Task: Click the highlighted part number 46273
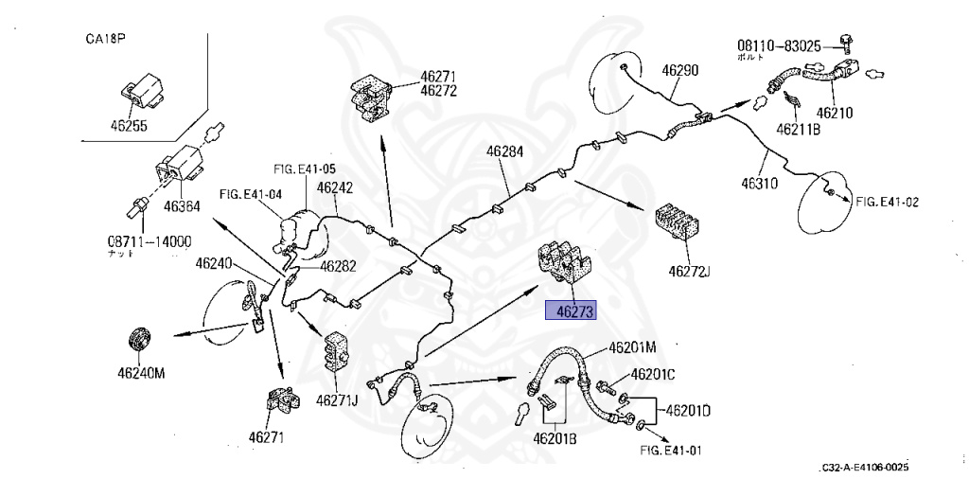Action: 571,310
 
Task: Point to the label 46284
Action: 505,151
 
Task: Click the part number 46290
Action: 679,70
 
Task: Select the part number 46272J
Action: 689,273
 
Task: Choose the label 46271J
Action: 337,399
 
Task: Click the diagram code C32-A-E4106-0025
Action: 865,469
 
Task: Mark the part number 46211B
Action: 798,128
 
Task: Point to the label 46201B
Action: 555,437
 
